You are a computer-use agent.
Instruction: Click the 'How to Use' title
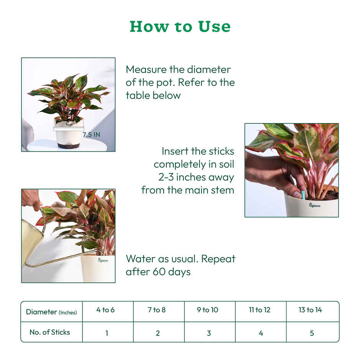tap(180, 26)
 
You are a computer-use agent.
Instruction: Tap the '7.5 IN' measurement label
tap(91, 135)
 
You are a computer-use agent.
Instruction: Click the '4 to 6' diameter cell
tap(105, 310)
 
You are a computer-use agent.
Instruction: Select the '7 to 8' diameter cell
tap(157, 310)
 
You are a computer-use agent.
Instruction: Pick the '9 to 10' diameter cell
tap(208, 310)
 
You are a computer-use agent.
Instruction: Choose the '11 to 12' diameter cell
tap(260, 310)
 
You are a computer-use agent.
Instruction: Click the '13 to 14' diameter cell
tap(310, 310)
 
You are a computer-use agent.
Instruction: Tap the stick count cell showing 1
tap(106, 333)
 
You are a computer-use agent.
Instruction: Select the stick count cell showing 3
tap(209, 333)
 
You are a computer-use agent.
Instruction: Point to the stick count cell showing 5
tap(312, 333)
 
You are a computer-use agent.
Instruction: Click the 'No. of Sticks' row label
tap(50, 332)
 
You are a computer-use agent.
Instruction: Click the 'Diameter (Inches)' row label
tap(51, 312)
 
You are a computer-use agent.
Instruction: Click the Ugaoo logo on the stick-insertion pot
tap(315, 205)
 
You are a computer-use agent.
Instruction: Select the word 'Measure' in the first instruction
tap(146, 70)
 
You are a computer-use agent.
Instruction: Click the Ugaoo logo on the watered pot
tap(103, 260)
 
